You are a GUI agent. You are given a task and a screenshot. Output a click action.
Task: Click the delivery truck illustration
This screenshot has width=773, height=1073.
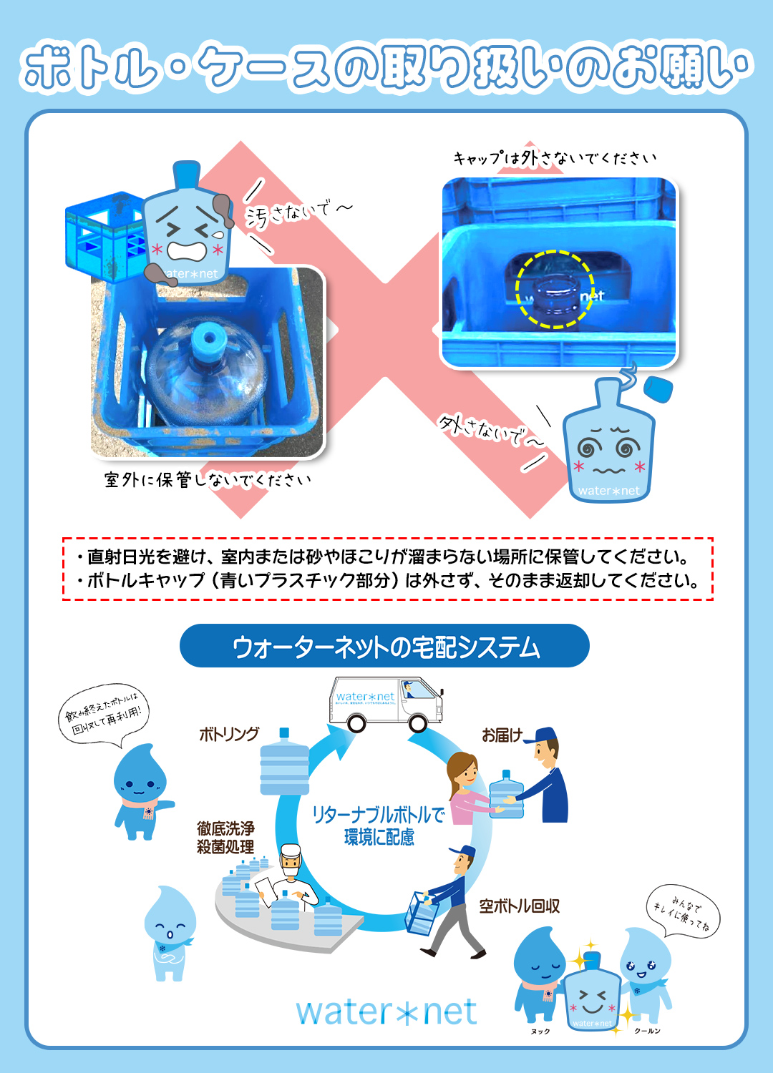pyautogui.click(x=386, y=704)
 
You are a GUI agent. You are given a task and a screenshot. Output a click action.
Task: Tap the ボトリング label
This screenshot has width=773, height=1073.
pyautogui.click(x=228, y=734)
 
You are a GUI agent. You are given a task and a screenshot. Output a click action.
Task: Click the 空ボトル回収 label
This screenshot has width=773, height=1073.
pyautogui.click(x=519, y=906)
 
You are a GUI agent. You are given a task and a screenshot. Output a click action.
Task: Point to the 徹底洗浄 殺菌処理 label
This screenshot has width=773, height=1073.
pyautogui.click(x=225, y=838)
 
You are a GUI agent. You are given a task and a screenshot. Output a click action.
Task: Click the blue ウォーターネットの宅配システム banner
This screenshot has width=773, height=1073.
pyautogui.click(x=384, y=646)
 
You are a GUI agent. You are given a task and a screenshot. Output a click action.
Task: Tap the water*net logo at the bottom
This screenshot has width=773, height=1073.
pyautogui.click(x=386, y=1011)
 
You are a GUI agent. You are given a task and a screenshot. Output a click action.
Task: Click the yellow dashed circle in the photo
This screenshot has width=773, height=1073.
pyautogui.click(x=555, y=290)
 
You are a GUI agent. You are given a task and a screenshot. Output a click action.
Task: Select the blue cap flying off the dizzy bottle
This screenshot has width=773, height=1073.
pyautogui.click(x=657, y=389)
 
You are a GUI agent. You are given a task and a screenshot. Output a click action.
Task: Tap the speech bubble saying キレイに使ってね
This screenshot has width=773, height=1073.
pyautogui.click(x=682, y=912)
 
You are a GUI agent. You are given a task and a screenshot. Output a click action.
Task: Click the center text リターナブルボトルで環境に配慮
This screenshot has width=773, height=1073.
pyautogui.click(x=379, y=825)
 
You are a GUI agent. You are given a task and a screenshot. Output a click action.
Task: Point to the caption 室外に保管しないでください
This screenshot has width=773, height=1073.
pyautogui.click(x=208, y=480)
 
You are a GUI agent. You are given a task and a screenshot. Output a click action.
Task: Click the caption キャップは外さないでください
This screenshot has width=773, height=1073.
pyautogui.click(x=555, y=158)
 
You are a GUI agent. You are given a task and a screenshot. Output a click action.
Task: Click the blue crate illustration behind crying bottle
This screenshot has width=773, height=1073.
pyautogui.click(x=100, y=236)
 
